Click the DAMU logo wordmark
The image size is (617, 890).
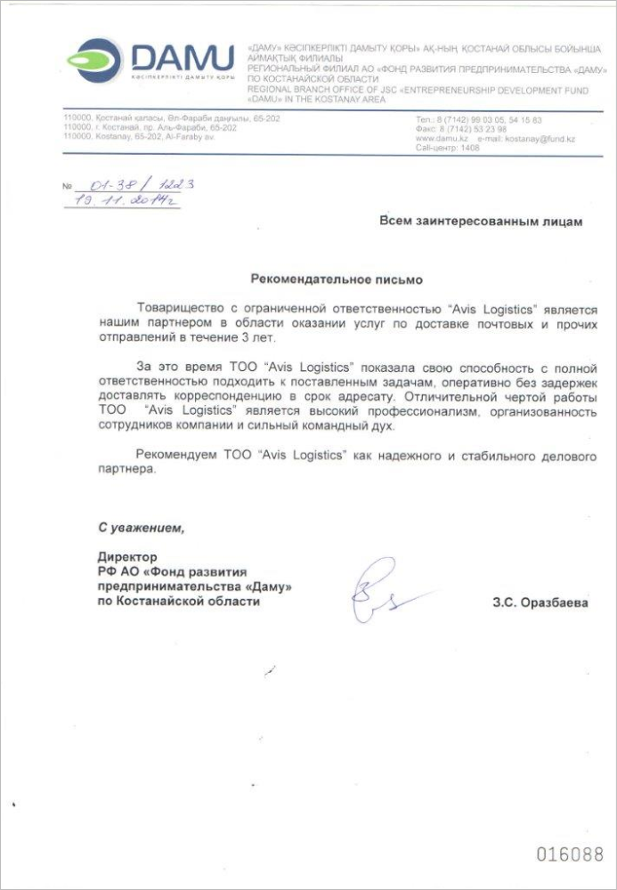183,58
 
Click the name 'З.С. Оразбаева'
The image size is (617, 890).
540,603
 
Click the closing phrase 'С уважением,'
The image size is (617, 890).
142,528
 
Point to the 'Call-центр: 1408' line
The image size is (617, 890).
448,148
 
